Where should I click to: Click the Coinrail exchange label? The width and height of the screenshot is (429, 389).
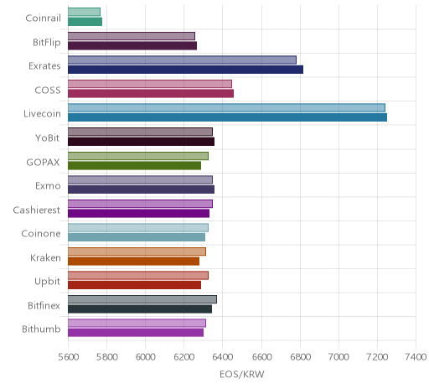[43, 18]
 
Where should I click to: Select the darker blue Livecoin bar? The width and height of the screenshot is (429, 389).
[227, 117]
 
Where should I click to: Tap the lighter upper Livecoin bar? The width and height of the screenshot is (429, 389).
[226, 108]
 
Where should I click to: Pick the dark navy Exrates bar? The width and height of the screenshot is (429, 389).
[185, 70]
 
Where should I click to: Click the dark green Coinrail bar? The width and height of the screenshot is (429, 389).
[85, 22]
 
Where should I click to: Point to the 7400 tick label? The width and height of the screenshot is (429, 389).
[416, 357]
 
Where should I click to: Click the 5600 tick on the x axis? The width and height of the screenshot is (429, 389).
[69, 357]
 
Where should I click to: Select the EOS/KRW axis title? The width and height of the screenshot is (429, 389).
[242, 375]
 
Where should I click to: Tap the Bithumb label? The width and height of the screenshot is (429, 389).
[41, 329]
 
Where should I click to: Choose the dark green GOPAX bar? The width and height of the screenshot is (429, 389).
[134, 166]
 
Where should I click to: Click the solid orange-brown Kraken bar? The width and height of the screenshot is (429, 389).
[133, 262]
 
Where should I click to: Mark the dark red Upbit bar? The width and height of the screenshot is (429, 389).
[134, 285]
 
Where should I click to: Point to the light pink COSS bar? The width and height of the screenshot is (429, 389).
[150, 84]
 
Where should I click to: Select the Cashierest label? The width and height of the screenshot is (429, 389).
[36, 210]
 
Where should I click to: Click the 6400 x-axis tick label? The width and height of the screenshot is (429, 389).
[223, 357]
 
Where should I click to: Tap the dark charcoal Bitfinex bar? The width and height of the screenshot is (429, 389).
[140, 309]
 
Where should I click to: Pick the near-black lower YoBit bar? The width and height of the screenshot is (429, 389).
[141, 142]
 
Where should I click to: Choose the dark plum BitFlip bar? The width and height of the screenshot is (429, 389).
[132, 46]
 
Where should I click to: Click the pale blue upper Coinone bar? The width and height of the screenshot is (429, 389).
[138, 228]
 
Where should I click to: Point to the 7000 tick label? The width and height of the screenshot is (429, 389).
[339, 357]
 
